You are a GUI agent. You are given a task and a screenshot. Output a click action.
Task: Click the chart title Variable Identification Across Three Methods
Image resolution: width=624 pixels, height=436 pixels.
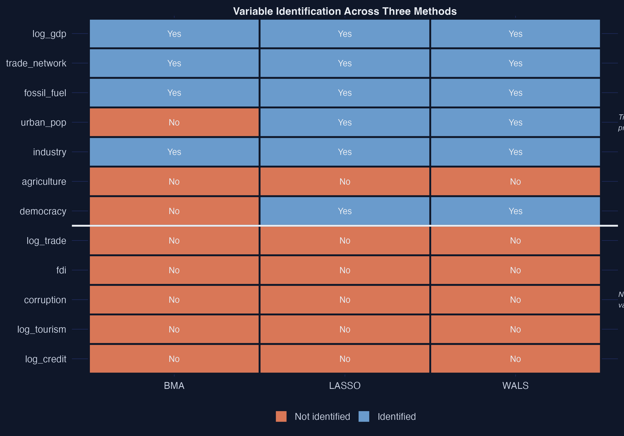tap(345, 11)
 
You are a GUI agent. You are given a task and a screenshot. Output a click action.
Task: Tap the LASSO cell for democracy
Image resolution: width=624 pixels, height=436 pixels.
tap(345, 211)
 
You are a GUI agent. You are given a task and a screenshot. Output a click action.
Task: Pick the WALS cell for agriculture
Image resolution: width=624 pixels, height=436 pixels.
tap(515, 181)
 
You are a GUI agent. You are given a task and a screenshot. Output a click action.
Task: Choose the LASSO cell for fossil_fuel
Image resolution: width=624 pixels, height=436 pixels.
tap(345, 93)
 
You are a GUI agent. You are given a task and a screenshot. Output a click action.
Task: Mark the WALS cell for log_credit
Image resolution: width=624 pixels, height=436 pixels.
tap(515, 359)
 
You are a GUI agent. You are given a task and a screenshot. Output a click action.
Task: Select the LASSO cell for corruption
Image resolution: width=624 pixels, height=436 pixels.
tap(345, 300)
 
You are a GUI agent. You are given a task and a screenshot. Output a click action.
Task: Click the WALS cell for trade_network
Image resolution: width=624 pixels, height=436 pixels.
tap(515, 63)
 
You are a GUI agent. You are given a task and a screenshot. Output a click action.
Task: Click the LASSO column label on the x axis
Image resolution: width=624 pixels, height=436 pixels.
tap(345, 386)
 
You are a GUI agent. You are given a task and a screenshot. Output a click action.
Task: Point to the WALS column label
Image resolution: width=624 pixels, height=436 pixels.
tap(515, 386)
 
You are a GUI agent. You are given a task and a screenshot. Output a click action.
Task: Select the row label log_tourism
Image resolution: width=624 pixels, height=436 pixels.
tap(42, 329)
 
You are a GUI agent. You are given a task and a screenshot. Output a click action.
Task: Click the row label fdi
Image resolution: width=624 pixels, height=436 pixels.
tap(61, 270)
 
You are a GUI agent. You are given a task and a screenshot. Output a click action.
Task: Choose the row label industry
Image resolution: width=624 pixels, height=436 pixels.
tap(50, 152)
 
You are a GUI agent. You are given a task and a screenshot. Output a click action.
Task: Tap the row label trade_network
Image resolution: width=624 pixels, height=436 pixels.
tap(36, 63)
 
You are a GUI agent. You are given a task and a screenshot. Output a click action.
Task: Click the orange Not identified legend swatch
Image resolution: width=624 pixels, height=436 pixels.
tap(281, 416)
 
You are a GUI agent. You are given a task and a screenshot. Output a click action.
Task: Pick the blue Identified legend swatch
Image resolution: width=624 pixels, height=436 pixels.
tap(364, 416)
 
